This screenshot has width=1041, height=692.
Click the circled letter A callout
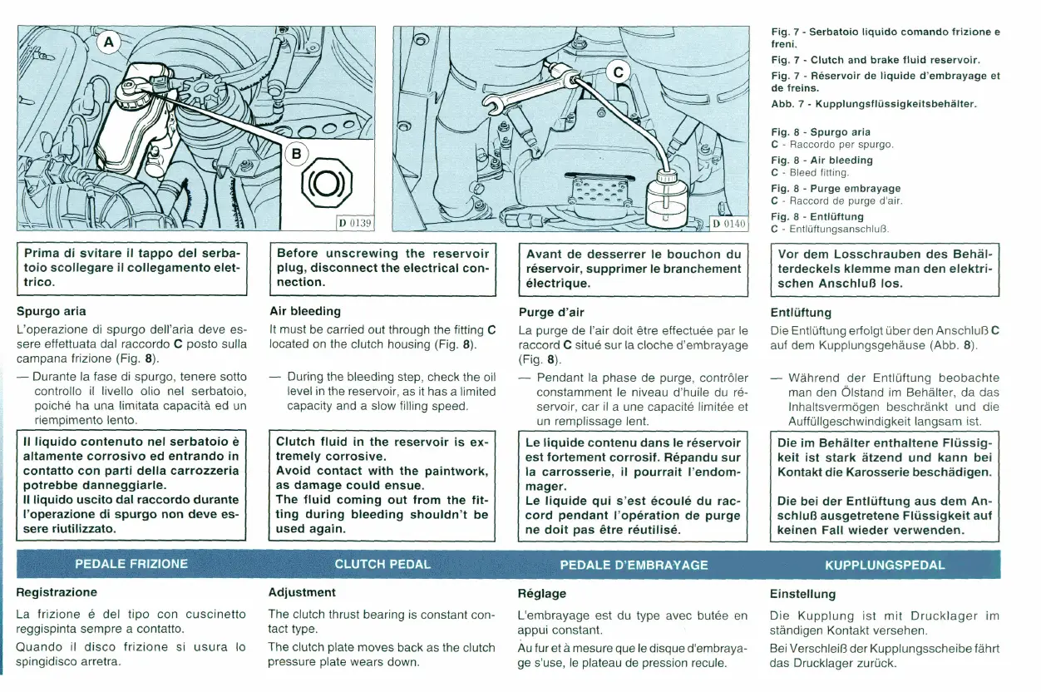[109, 42]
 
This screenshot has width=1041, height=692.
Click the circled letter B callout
[296, 152]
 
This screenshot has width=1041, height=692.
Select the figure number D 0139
[355, 222]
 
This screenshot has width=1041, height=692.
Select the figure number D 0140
[730, 223]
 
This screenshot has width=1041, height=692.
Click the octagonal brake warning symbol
[325, 184]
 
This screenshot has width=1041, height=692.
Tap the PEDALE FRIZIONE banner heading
[131, 564]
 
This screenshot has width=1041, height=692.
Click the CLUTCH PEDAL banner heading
[382, 564]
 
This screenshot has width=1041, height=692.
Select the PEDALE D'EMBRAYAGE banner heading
[634, 565]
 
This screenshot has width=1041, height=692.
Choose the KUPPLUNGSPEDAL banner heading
[885, 565]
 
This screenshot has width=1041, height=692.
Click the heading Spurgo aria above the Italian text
[52, 312]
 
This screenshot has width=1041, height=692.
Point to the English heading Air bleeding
[305, 311]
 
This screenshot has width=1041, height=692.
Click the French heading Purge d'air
[550, 313]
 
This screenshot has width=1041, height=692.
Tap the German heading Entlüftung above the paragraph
[801, 313]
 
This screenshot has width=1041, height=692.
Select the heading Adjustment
[302, 592]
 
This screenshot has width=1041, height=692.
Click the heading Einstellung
[802, 594]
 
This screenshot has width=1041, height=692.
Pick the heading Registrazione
[57, 592]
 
